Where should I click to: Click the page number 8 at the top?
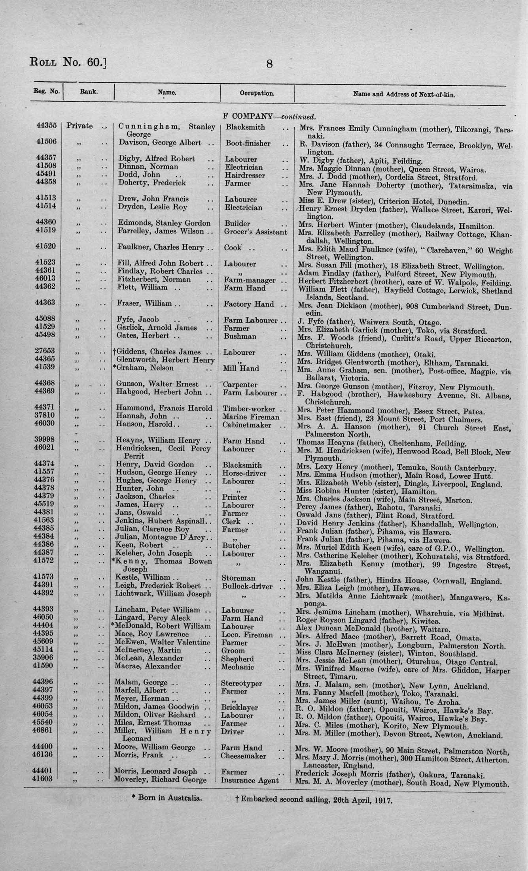pos(269,64)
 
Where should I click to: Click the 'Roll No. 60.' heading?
pos(68,62)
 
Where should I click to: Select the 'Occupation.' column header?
pos(257,94)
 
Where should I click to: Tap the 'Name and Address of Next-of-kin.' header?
pos(404,95)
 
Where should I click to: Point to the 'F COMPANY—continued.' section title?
pos(269,117)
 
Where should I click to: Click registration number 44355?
pos(47,125)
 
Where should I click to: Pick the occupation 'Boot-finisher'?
pos(248,143)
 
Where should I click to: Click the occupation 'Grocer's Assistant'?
pos(255,232)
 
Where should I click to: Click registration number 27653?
pos(46,351)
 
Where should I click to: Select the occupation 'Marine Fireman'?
pos(251,417)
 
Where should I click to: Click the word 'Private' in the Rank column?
pos(79,126)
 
